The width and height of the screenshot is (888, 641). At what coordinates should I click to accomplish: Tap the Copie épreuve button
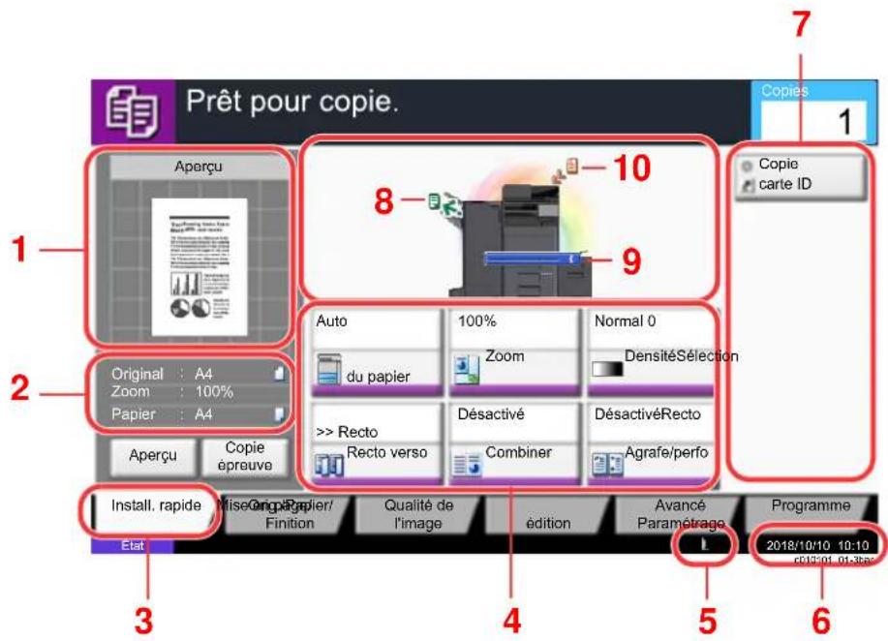click(x=236, y=456)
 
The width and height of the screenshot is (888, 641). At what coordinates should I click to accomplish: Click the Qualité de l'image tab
click(x=418, y=514)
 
